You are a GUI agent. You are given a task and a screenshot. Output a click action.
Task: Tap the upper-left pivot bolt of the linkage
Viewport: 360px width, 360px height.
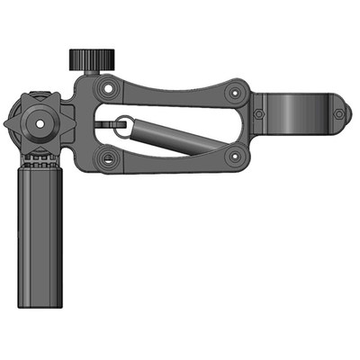click(108, 89)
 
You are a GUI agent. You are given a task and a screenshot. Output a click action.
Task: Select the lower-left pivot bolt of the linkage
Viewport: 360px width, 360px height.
click(109, 158)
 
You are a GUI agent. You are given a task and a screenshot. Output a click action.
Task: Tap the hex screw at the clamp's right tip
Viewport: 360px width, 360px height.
click(338, 114)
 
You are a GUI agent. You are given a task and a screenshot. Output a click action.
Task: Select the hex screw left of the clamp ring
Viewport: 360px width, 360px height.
click(259, 114)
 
